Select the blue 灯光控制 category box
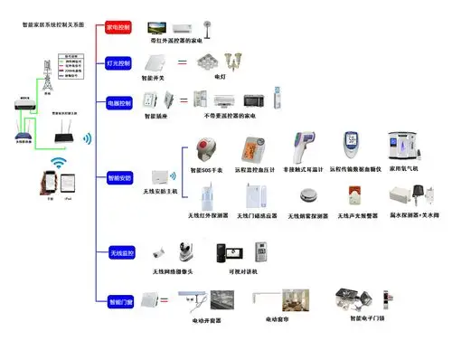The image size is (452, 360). [119, 63]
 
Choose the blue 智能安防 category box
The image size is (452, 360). [119, 178]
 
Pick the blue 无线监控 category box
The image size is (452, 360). [119, 251]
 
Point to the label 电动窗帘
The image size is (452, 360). [281, 319]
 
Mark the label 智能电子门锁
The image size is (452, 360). [360, 319]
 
